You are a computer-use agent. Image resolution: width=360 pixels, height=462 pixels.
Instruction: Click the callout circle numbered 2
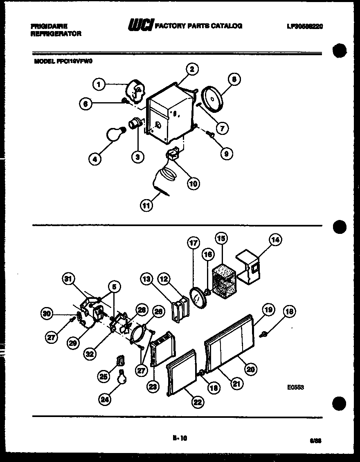click(x=192, y=69)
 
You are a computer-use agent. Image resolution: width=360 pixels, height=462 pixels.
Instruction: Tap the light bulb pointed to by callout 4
click(x=114, y=134)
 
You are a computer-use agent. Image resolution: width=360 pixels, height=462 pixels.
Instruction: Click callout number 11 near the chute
click(x=146, y=205)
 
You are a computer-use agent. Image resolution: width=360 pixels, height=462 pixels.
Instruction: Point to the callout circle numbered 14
click(x=275, y=240)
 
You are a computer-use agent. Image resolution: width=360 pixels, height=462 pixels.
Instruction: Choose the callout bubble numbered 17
click(x=193, y=242)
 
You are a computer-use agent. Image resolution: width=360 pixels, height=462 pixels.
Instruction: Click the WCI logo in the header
click(x=141, y=26)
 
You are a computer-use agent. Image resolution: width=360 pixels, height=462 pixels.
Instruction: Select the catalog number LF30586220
click(x=305, y=26)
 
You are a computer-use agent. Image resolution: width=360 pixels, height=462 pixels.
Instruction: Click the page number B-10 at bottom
click(x=180, y=438)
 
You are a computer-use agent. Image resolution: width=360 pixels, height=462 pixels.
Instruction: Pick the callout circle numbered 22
click(x=198, y=402)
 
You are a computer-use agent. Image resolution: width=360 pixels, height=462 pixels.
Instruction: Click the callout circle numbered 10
click(x=193, y=184)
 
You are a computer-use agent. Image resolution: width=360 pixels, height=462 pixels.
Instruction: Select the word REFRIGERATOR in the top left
click(x=56, y=34)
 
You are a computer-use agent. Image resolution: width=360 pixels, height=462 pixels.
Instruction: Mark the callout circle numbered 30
click(x=47, y=314)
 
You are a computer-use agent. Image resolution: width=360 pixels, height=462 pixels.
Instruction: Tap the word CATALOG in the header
click(x=227, y=26)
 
